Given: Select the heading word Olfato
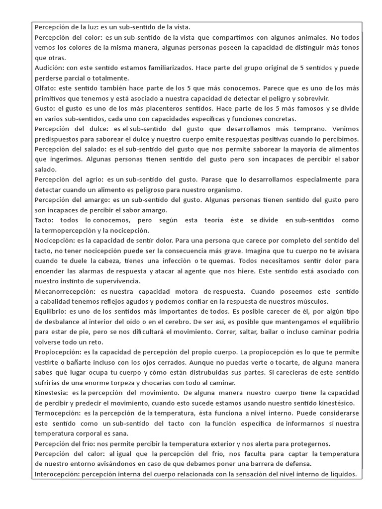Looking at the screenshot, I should pos(46,88).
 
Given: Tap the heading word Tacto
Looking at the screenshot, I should pos(45,220).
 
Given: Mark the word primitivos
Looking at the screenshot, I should pos(52,98).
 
